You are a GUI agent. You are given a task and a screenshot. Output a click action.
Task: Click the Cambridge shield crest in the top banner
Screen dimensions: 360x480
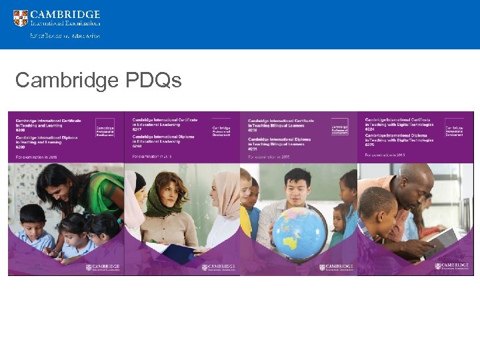coord(21,18)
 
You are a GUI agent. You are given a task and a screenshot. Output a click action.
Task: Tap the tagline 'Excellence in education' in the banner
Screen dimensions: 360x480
coord(65,36)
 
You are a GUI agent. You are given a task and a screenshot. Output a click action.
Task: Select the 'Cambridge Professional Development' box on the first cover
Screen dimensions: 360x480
coord(105,127)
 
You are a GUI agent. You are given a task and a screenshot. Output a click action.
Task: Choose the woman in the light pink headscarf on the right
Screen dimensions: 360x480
coord(227,200)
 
